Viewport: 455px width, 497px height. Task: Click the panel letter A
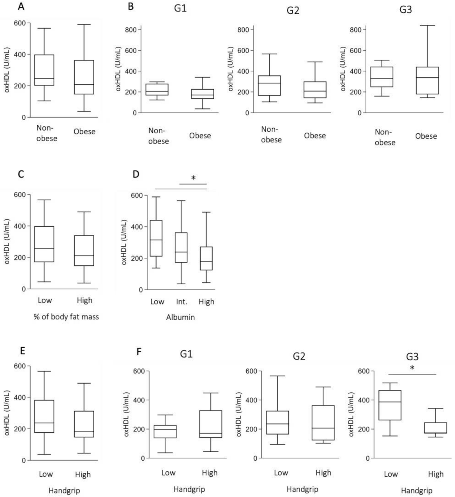coord(21,6)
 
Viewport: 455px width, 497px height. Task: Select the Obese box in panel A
coord(84,77)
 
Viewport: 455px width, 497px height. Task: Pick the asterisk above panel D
coord(193,178)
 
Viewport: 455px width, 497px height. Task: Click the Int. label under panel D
coord(182,302)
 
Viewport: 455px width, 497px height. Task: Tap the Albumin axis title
coord(180,317)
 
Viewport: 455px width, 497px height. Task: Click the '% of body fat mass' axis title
coord(66,317)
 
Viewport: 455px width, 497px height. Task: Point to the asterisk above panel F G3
coord(412,368)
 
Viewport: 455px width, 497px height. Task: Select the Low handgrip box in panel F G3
coord(390,405)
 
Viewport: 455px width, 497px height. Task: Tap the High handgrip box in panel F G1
coord(210,424)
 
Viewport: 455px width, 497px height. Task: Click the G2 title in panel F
coord(299,356)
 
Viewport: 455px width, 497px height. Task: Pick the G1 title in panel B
coord(180,8)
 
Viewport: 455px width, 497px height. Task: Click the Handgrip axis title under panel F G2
coord(302,489)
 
